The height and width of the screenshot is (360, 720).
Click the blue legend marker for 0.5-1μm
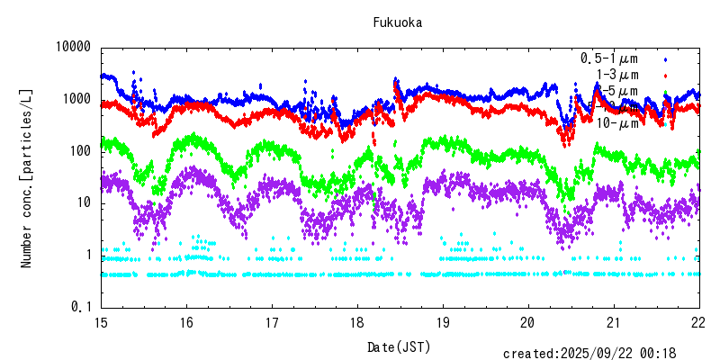[666, 59]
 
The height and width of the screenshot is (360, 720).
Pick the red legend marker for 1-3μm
[666, 76]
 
